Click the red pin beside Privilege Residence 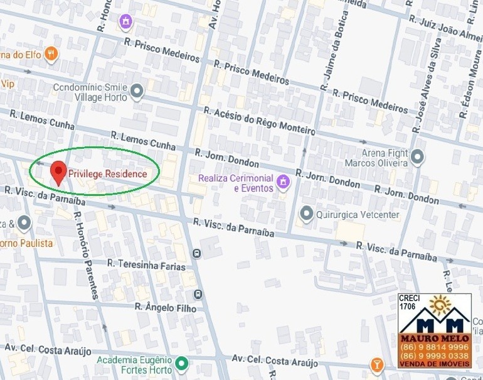(x=58, y=171)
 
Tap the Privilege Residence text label (x=108, y=174)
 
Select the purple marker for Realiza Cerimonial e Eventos (x=283, y=182)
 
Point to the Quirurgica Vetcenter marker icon (x=306, y=214)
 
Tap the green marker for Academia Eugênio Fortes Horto (x=182, y=363)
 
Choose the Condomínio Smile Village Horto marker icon (x=137, y=92)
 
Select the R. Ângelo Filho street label (x=166, y=307)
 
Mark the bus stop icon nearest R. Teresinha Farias (x=197, y=254)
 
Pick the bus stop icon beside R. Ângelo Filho (x=198, y=294)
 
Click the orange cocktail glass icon (x=376, y=364)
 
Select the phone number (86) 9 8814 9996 (x=435, y=347)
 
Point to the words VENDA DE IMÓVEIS (x=435, y=364)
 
